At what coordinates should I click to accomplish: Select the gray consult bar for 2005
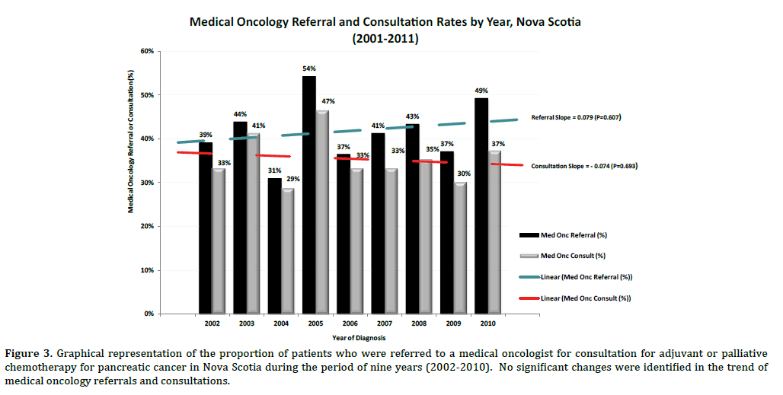point(322,212)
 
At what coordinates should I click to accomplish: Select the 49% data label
point(483,91)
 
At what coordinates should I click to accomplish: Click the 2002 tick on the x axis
point(213,324)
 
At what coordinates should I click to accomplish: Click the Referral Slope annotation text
point(577,118)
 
